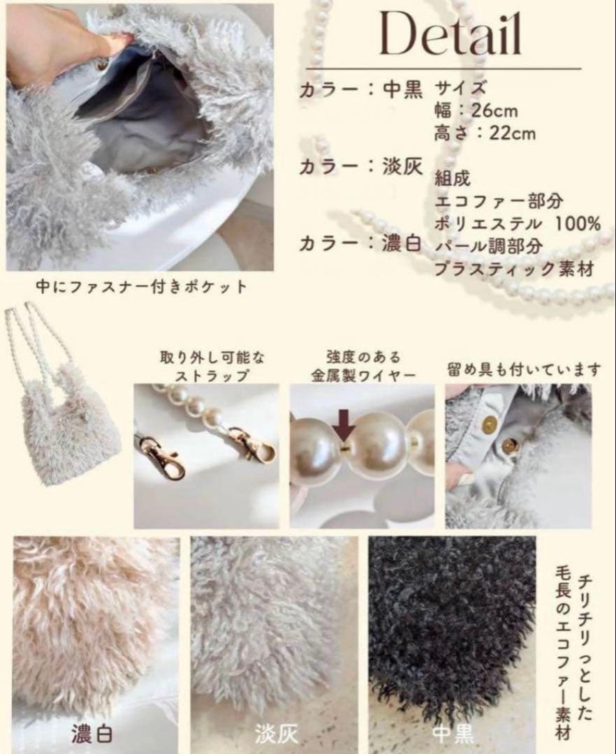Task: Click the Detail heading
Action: (x=450, y=34)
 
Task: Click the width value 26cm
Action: (x=494, y=110)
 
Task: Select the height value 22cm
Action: (x=512, y=133)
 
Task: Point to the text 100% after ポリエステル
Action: (x=578, y=223)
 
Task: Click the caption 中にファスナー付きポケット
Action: (x=142, y=287)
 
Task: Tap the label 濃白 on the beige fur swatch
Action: (x=92, y=734)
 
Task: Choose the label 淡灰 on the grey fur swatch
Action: (x=276, y=734)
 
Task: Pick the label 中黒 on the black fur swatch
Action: (x=453, y=734)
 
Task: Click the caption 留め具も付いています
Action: (x=524, y=369)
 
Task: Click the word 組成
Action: (x=452, y=179)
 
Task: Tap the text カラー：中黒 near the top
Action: (x=360, y=89)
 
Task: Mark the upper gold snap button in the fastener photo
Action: (x=490, y=423)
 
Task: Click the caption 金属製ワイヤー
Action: (x=363, y=376)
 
